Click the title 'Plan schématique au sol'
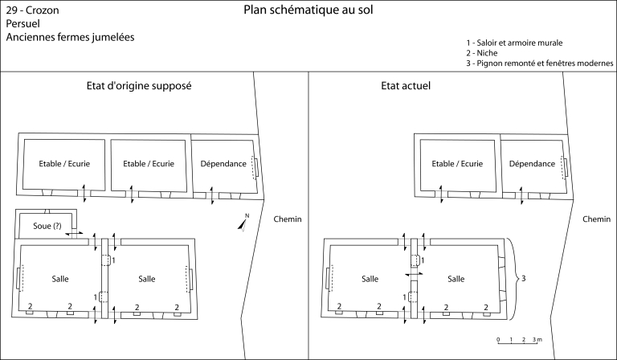coord(308,10)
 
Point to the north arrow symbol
coord(244,222)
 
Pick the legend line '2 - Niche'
coord(483,52)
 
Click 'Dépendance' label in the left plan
coord(223,163)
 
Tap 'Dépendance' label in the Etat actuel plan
coord(533,163)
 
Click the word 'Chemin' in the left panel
coord(287,219)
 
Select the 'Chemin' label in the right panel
coord(596,219)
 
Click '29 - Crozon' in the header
coord(31,11)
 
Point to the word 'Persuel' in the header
coord(23,24)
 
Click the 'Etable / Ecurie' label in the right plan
coord(457,163)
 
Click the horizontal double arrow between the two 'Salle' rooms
coord(415,274)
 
